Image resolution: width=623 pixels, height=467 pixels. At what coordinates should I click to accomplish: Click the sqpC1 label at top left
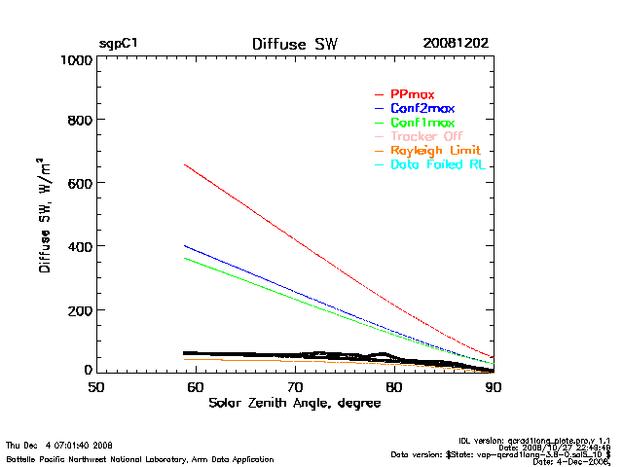pyautogui.click(x=118, y=44)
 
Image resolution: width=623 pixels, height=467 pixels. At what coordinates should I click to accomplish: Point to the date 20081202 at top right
pyautogui.click(x=456, y=44)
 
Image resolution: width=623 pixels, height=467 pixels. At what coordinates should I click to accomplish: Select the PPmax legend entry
pyautogui.click(x=412, y=93)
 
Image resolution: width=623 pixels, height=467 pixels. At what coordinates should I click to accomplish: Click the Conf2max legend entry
pyautogui.click(x=421, y=108)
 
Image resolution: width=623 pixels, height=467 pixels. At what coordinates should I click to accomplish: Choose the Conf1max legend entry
pyautogui.click(x=421, y=123)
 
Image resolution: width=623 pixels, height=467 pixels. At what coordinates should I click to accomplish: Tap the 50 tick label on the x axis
pyautogui.click(x=96, y=387)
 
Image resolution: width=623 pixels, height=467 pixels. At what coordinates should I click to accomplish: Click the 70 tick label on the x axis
pyautogui.click(x=295, y=387)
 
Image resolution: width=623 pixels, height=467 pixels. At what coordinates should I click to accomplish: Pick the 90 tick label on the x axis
pyautogui.click(x=494, y=387)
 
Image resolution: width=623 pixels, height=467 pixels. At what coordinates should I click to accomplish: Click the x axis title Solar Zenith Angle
pyautogui.click(x=294, y=403)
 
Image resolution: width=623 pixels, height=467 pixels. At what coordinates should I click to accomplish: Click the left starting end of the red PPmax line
pyautogui.click(x=185, y=164)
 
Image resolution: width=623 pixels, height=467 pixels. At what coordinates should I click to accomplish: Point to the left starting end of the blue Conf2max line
pyautogui.click(x=185, y=245)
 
